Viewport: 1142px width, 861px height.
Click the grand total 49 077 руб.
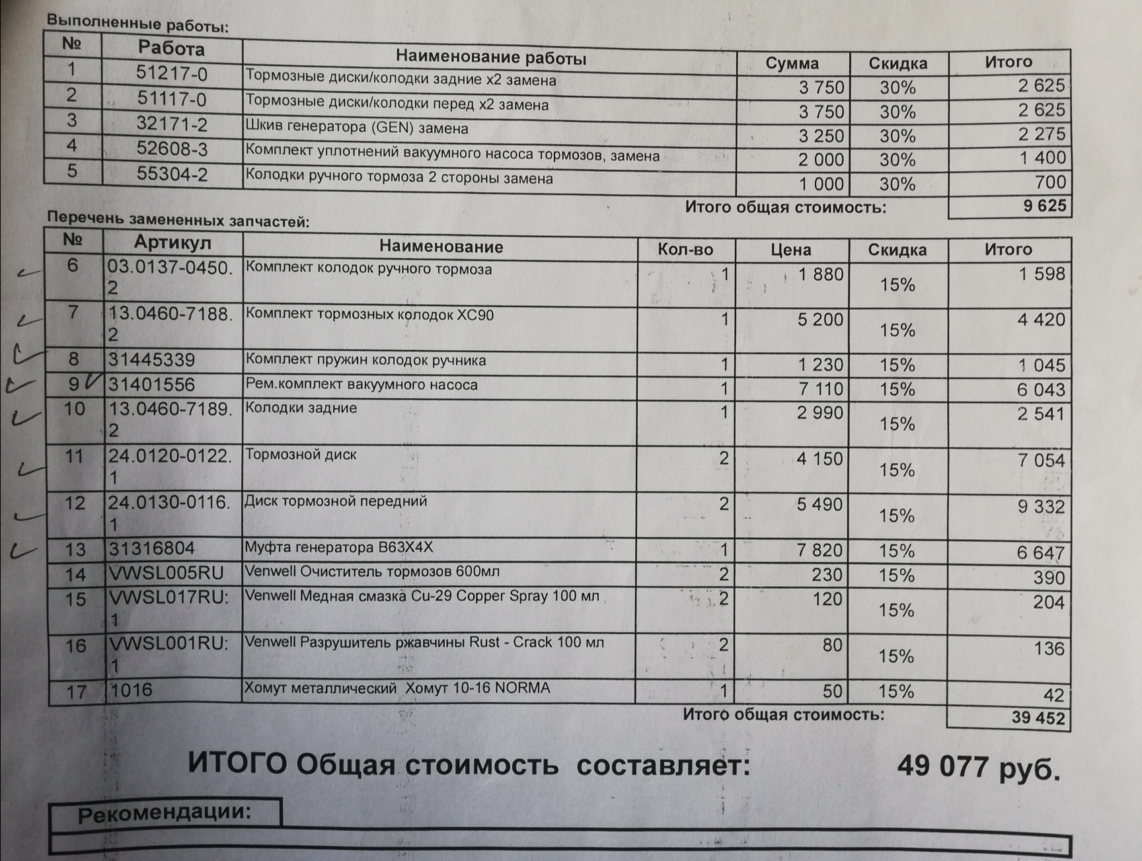(978, 768)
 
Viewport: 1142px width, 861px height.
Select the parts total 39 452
(1038, 718)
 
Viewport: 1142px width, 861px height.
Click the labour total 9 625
(1044, 206)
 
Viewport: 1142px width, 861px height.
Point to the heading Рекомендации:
(165, 813)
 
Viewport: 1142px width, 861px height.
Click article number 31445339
(152, 360)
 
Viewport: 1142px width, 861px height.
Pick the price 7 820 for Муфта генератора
(819, 550)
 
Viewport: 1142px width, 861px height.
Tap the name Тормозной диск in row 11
(301, 455)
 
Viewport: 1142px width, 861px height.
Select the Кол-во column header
(685, 249)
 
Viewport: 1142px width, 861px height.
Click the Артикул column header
(172, 243)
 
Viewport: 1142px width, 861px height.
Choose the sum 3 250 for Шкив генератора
(821, 135)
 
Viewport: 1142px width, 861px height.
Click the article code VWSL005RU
(167, 573)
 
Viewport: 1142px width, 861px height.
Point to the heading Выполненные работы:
(137, 24)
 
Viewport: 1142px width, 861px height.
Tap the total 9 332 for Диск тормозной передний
(1041, 507)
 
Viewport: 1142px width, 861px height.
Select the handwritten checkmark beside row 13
(24, 549)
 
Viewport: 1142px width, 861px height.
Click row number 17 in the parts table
(76, 692)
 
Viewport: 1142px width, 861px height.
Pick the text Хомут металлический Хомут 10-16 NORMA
(397, 689)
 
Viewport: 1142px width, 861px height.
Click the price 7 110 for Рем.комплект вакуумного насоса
(820, 389)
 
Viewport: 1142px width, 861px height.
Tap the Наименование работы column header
(490, 58)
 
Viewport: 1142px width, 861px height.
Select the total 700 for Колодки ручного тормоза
(1050, 182)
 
